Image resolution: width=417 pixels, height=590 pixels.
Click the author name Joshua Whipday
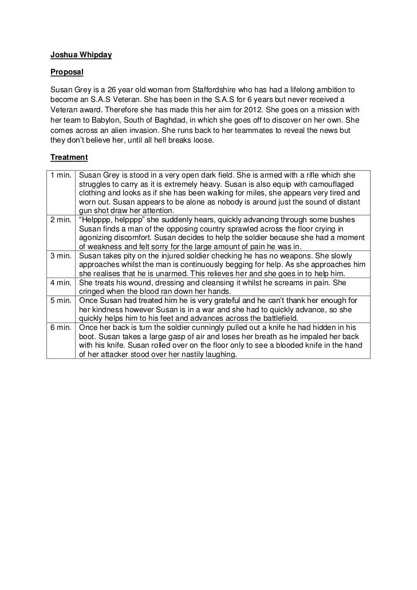[x=81, y=55]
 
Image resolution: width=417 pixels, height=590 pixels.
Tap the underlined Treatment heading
[x=69, y=156]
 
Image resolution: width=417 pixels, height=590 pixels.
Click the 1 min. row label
[x=61, y=174]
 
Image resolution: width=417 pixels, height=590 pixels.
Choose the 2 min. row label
[x=61, y=221]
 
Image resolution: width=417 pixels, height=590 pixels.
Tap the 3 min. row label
[x=61, y=255]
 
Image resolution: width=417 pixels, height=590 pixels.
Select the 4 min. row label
[x=61, y=283]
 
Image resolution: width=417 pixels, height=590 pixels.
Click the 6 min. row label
[x=61, y=328]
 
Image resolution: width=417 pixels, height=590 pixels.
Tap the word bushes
[x=342, y=221]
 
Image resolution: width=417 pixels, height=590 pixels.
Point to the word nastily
[x=192, y=355]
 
